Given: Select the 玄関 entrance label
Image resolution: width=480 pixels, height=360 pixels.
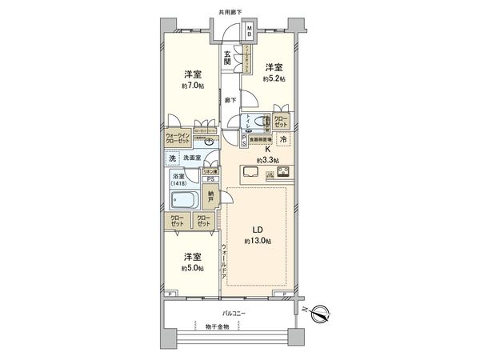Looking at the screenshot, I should coord(227,57).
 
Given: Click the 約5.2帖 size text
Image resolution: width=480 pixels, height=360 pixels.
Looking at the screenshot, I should coord(274,79).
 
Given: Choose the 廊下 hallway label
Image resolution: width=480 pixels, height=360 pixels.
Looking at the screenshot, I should coord(229,101).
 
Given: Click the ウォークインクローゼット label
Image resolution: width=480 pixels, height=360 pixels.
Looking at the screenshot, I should coord(179,138).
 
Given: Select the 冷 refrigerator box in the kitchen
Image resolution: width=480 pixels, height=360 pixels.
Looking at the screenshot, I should coord(285,138).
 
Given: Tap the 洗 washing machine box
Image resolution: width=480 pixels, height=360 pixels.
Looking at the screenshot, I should coord(171,158).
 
